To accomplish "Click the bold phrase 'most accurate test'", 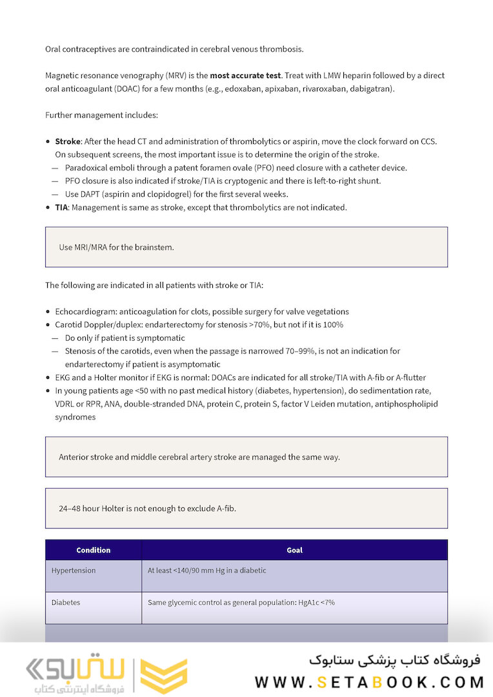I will coord(245,76).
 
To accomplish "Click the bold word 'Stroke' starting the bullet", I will coord(68,141).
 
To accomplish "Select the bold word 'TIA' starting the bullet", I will coord(61,208).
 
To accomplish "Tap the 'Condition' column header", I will coord(94,551).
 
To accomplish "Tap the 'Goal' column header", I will coord(294,551).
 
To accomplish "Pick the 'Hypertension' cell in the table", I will coord(74,571).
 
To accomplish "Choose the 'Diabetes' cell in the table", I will coord(66,603).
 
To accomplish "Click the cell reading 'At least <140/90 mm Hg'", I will coord(206,571).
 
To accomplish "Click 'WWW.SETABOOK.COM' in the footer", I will coord(369,682).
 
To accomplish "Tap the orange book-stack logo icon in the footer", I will coord(164,676).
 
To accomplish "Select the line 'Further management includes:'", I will coord(101,116).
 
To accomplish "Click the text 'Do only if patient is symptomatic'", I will coord(125,338).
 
